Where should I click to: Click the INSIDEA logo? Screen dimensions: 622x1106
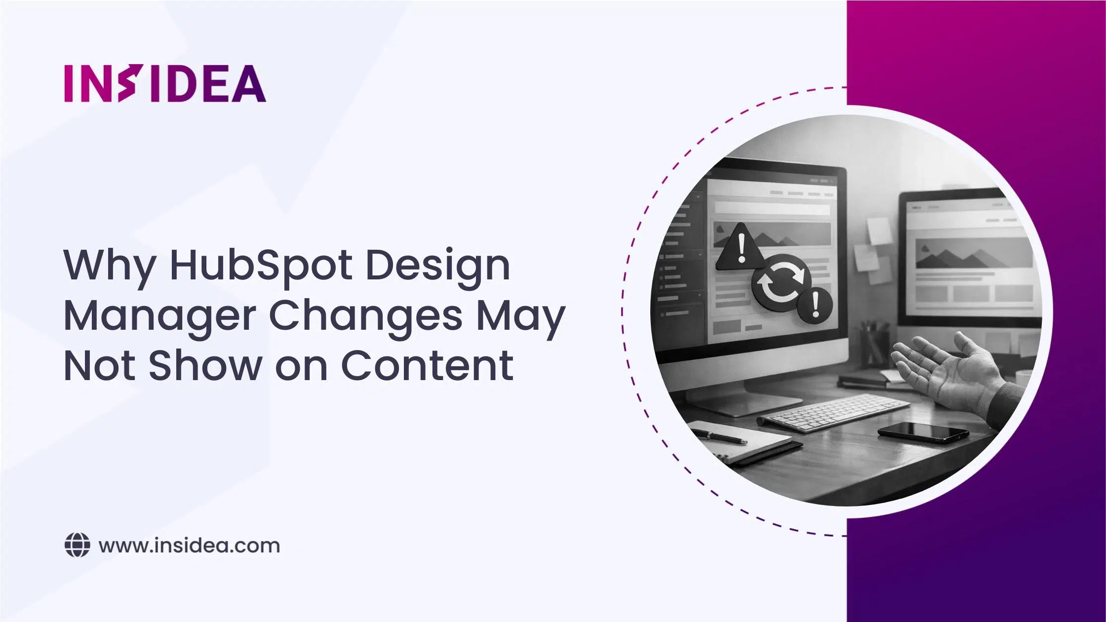[x=165, y=83]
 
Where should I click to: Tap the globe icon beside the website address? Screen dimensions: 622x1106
[x=78, y=545]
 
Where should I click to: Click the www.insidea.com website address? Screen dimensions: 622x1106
[x=189, y=546]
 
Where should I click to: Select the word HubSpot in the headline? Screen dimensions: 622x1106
[x=261, y=265]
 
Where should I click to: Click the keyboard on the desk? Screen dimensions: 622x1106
[x=834, y=414]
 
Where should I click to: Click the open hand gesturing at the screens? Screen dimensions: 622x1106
[x=938, y=368]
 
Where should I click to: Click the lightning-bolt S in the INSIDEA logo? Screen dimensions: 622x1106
[x=127, y=83]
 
